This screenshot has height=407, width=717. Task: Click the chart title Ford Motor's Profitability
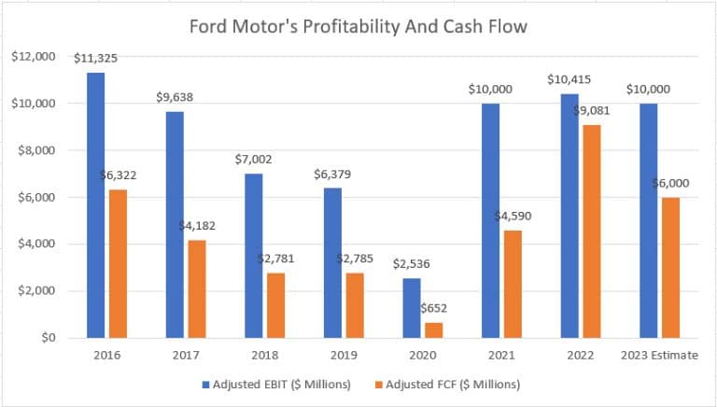358,27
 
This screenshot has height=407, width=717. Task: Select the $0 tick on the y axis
44,337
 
